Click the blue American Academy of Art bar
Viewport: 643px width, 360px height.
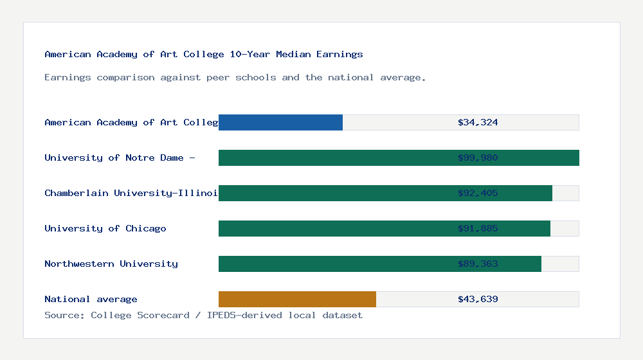[x=280, y=122]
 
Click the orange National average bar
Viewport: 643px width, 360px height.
[x=297, y=299]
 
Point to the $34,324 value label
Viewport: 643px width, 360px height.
[x=478, y=122]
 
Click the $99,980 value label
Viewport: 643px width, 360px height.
[x=478, y=157]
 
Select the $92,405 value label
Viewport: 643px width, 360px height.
[x=478, y=193]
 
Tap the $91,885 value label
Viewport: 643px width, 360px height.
[x=478, y=228]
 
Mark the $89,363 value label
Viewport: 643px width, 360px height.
[x=478, y=264]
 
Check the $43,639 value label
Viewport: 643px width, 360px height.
[x=478, y=299]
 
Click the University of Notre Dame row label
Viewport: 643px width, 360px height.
[x=120, y=157]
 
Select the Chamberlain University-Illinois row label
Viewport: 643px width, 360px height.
[x=131, y=193]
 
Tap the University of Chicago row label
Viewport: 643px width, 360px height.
[x=105, y=228]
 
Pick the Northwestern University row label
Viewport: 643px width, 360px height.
[x=111, y=264]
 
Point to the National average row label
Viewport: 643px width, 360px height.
[x=91, y=299]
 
